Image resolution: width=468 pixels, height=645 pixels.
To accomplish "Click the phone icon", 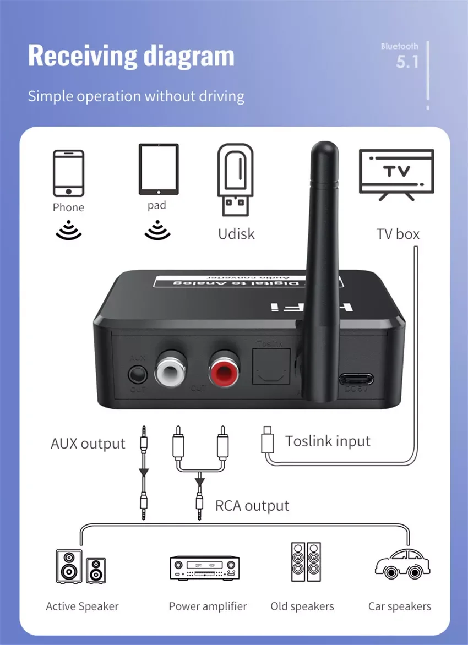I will (x=69, y=173).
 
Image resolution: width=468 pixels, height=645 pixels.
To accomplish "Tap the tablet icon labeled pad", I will (x=159, y=169).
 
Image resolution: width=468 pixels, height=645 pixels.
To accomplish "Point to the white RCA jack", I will (x=171, y=369).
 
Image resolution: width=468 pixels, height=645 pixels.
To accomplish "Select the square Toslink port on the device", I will (x=270, y=368).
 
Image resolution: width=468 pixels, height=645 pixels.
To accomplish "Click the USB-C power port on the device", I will (x=356, y=379).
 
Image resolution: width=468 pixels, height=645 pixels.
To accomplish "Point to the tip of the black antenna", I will (x=324, y=149).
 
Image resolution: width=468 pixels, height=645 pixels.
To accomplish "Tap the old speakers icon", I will (x=306, y=562).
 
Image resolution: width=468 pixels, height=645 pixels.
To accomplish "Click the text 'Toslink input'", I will (x=328, y=441).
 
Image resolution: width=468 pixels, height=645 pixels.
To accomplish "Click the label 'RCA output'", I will (x=252, y=506).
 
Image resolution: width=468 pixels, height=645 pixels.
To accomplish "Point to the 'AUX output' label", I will (x=88, y=444).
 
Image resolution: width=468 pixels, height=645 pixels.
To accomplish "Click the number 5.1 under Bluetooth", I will (x=407, y=62).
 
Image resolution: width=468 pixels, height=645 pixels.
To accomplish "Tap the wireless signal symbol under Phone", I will (x=69, y=230).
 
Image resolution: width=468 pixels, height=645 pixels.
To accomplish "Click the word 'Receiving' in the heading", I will (x=81, y=56).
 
